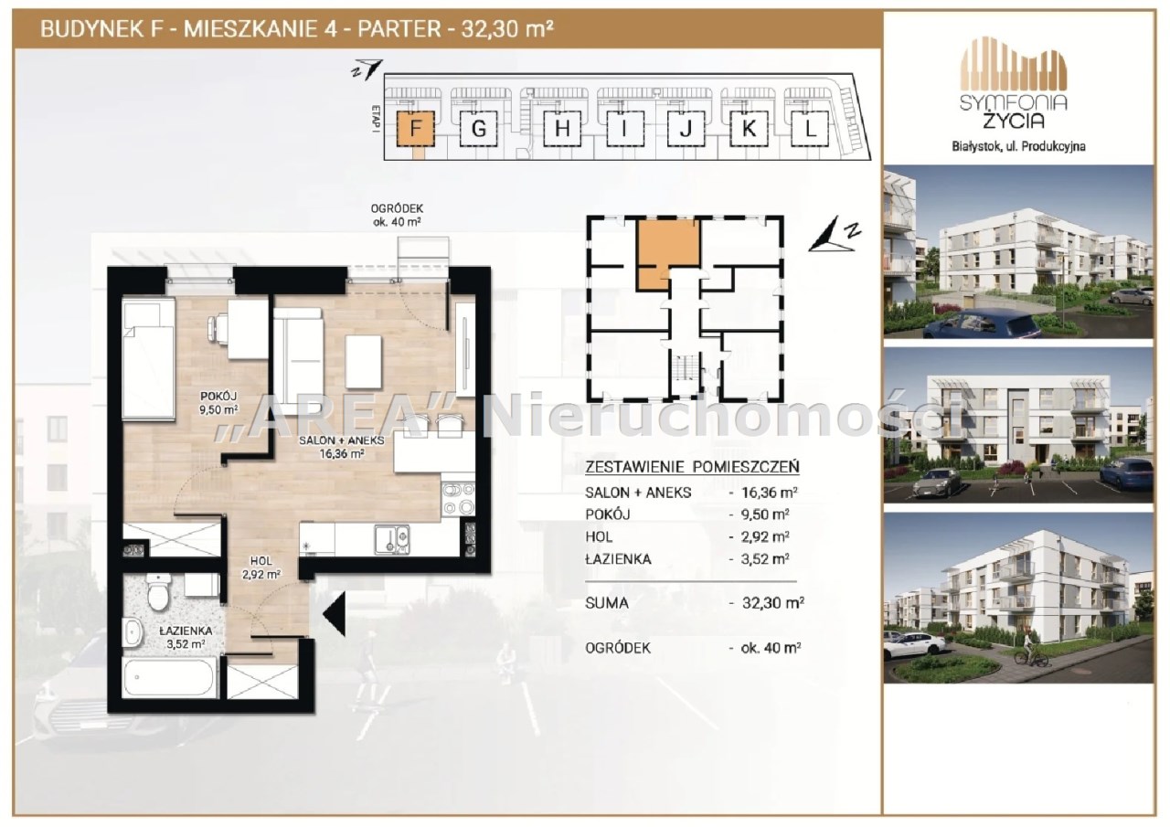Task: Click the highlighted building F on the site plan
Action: click(x=415, y=129)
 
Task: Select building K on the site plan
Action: click(x=749, y=129)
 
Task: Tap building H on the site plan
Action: click(x=562, y=129)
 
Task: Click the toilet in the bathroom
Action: click(x=157, y=591)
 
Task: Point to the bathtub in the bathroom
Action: click(x=169, y=678)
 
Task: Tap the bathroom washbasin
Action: click(x=133, y=633)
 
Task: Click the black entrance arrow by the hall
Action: click(x=335, y=614)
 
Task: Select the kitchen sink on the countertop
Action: click(x=391, y=539)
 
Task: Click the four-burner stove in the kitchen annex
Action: click(x=459, y=499)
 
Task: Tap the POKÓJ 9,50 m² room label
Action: click(x=218, y=403)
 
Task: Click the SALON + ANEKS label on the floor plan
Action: click(x=342, y=440)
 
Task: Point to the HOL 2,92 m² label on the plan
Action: click(x=261, y=568)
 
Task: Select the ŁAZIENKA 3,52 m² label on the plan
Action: click(x=186, y=638)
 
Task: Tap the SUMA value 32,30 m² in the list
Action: click(x=773, y=603)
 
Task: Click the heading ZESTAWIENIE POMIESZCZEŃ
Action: click(x=692, y=467)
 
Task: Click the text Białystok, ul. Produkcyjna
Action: click(x=1018, y=147)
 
